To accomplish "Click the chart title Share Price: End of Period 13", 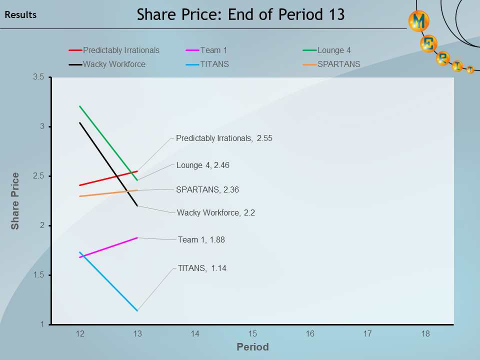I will click(241, 14).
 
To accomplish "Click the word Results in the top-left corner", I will click(20, 15).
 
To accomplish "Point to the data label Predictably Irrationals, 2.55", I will click(224, 138).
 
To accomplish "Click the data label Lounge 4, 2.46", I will click(202, 165).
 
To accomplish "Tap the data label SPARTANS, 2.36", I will click(207, 189).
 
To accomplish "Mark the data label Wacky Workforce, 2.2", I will click(216, 212).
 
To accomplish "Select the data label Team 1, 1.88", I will click(201, 240).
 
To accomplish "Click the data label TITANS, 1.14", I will click(202, 268).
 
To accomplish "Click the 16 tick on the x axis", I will click(310, 333).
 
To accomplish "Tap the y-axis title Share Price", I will click(15, 201).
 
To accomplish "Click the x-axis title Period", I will click(252, 347).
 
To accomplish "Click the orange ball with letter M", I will click(419, 21).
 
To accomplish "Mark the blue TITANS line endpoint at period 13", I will click(137, 310).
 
